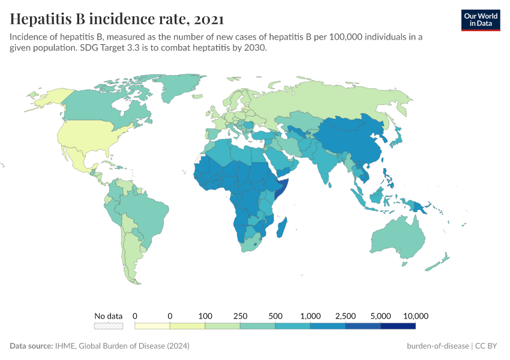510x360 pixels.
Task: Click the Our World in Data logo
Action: [x=480, y=20]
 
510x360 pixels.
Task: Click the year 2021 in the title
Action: [x=208, y=19]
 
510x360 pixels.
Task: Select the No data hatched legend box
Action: [x=109, y=326]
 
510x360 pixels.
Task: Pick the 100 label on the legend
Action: [x=205, y=316]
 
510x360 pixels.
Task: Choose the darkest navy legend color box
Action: [x=398, y=326]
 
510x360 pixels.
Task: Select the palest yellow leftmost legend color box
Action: [x=152, y=326]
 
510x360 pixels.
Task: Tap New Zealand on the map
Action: [x=441, y=261]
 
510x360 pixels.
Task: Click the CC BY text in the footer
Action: [x=488, y=346]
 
